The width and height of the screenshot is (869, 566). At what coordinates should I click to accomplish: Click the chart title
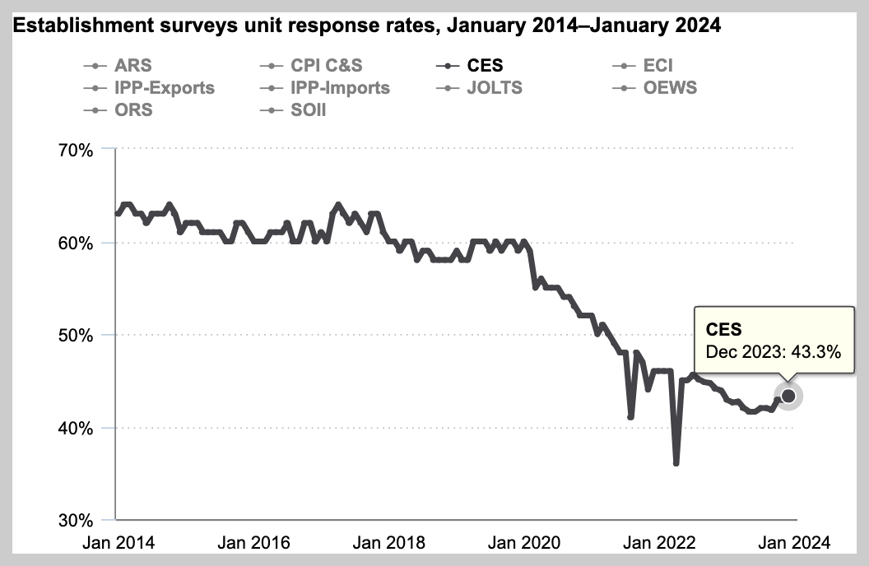pos(367,26)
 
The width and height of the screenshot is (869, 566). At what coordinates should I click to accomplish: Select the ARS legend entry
pos(132,66)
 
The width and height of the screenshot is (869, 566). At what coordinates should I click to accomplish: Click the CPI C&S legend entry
pos(326,66)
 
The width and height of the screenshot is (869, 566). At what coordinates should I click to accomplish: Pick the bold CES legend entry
pos(484,66)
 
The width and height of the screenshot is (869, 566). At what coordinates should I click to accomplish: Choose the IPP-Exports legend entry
pos(165,87)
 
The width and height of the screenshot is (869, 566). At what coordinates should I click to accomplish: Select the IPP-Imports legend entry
pos(340,87)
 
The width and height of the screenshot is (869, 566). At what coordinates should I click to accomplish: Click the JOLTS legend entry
pos(494,87)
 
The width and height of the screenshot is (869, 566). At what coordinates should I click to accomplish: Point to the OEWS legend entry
pos(670,87)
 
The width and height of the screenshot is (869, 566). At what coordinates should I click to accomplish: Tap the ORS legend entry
pos(134,109)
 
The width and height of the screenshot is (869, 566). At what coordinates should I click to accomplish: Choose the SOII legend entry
pos(309,109)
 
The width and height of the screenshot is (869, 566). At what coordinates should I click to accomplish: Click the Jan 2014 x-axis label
pos(117,543)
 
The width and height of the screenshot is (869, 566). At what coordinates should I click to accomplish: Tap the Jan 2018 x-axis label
pos(389,543)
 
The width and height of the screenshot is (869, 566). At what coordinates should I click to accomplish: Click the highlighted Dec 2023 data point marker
pos(788,397)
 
